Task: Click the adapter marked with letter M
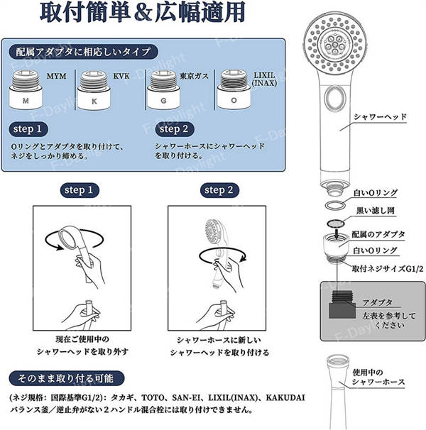(26, 89)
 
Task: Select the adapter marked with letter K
(94, 90)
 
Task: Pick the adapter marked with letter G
(163, 89)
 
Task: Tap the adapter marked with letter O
(234, 89)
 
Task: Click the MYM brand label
(57, 76)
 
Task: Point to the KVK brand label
(121, 76)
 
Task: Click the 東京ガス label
(195, 76)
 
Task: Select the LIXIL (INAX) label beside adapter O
(264, 79)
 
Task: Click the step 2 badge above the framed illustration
(219, 190)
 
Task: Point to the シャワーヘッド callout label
(380, 117)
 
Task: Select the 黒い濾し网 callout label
(375, 211)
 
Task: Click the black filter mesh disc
(336, 224)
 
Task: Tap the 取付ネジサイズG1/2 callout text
(388, 269)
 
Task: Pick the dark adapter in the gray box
(342, 304)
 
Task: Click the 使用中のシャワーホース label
(378, 377)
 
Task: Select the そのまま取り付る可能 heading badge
(67, 379)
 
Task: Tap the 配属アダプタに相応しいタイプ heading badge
(84, 52)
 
